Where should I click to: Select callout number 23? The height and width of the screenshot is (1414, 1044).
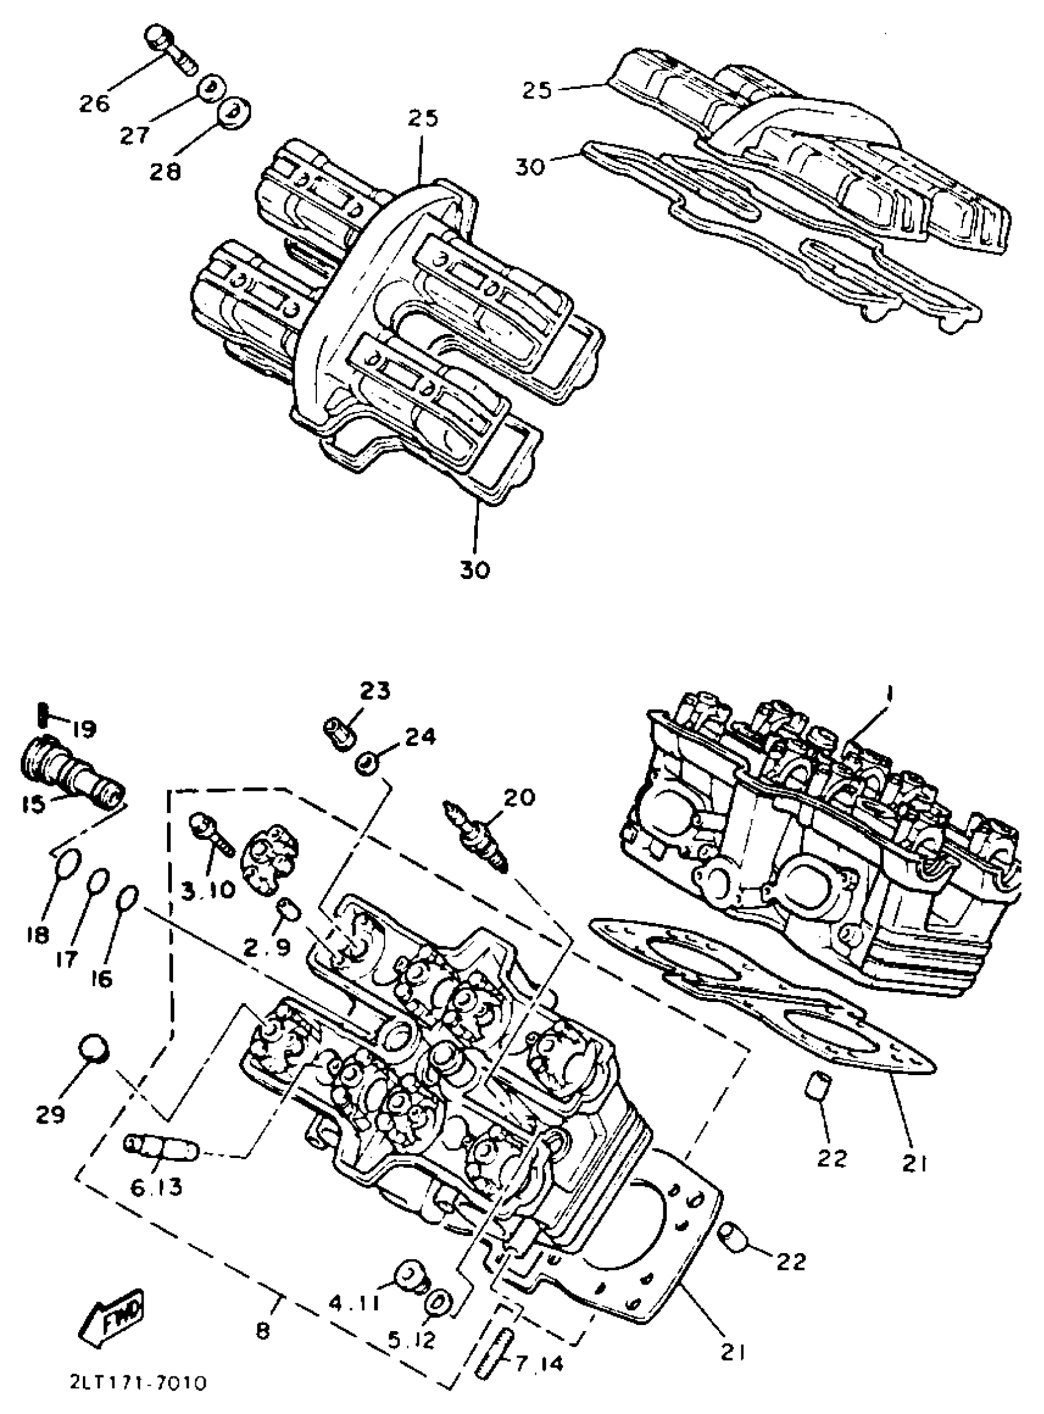point(375,691)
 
